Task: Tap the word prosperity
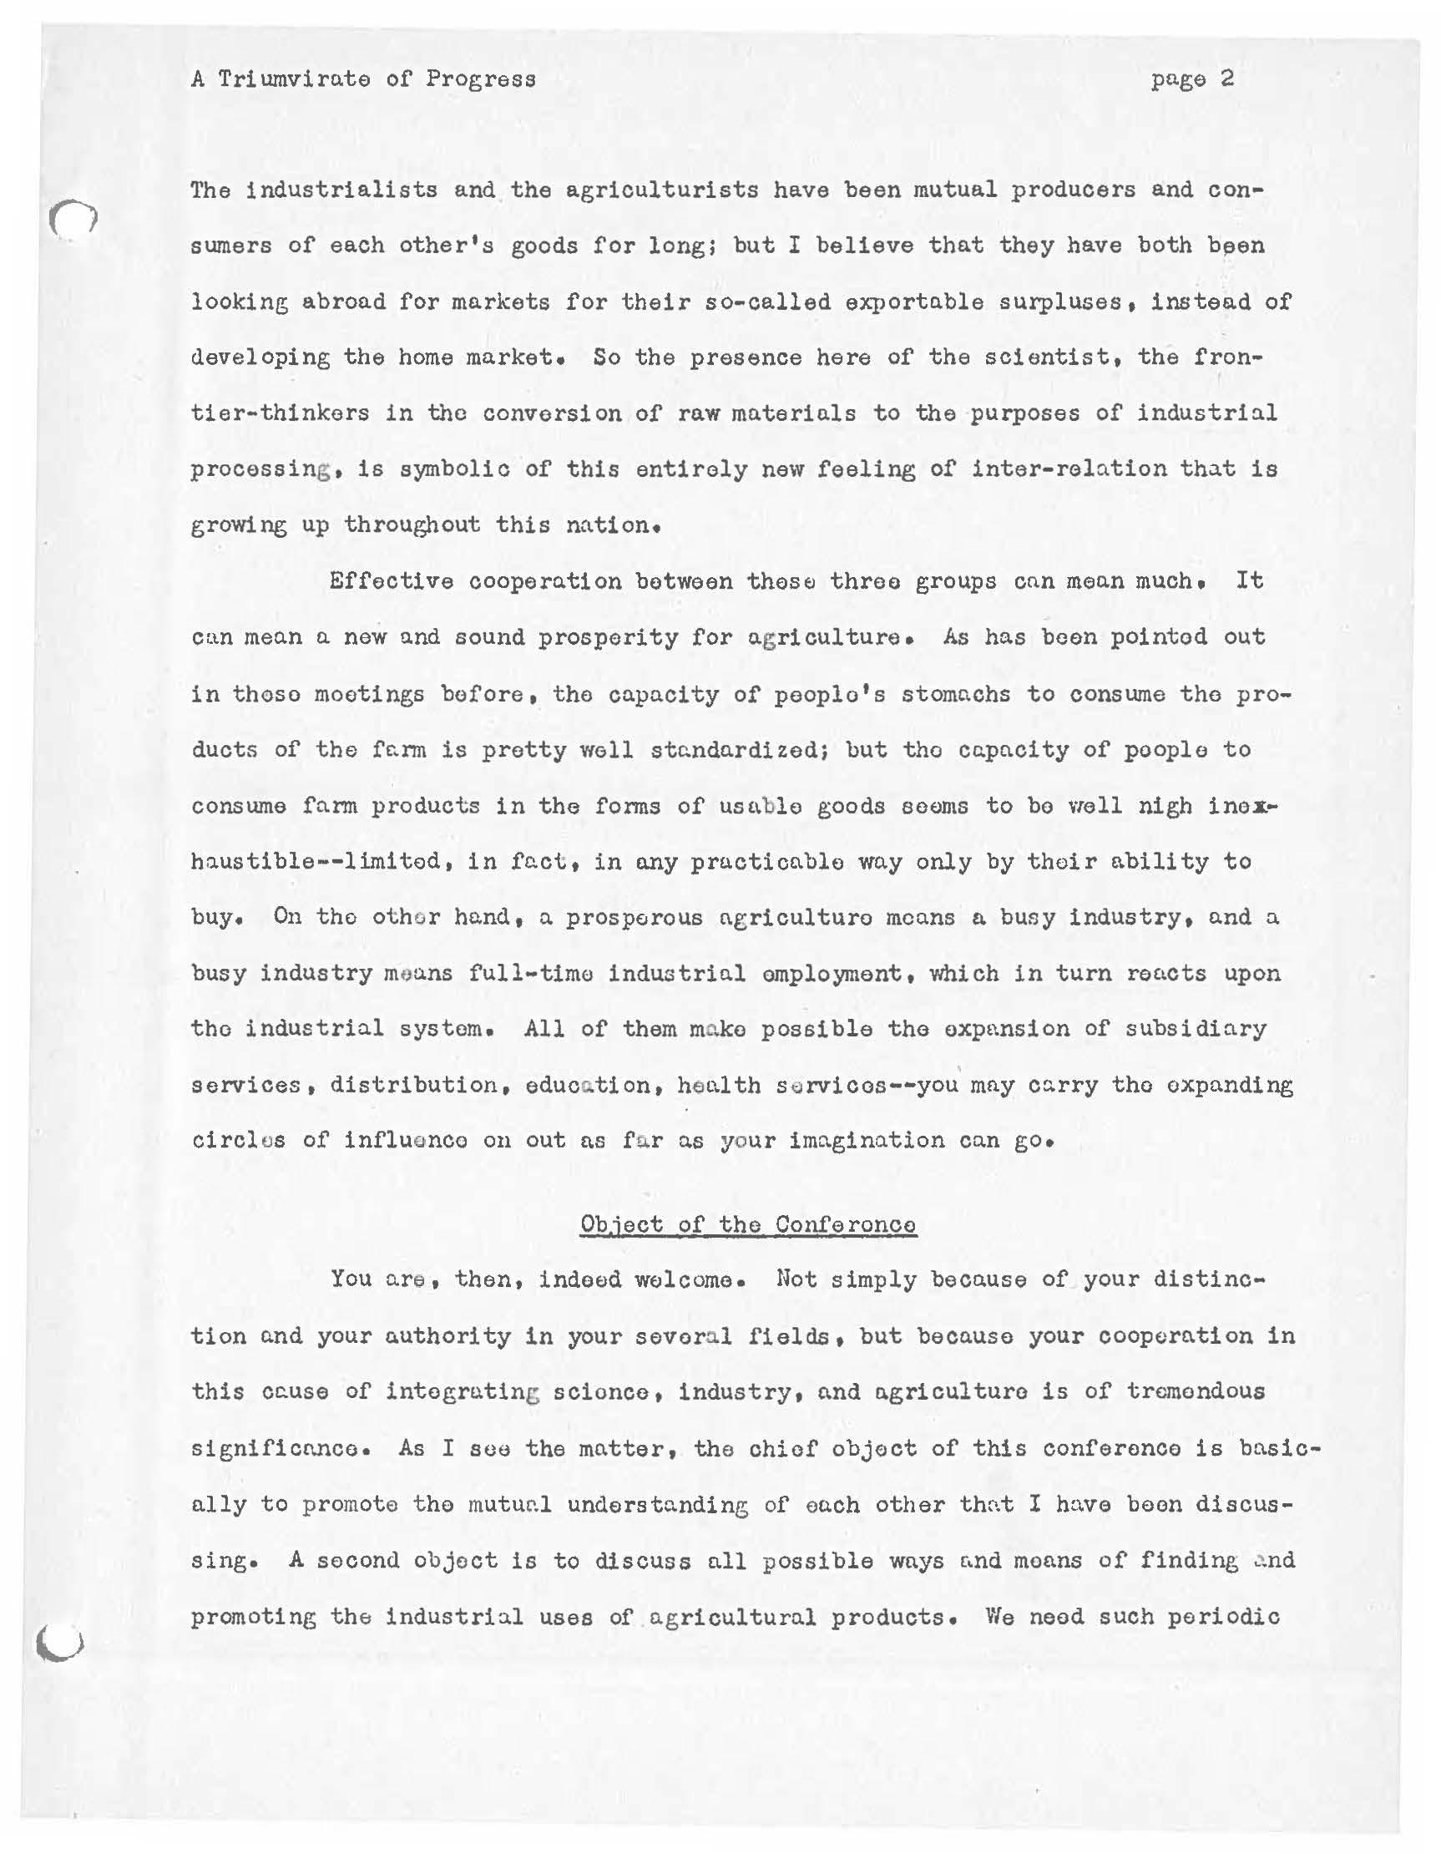point(609,637)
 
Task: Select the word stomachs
point(956,693)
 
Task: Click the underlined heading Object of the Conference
point(748,1225)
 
